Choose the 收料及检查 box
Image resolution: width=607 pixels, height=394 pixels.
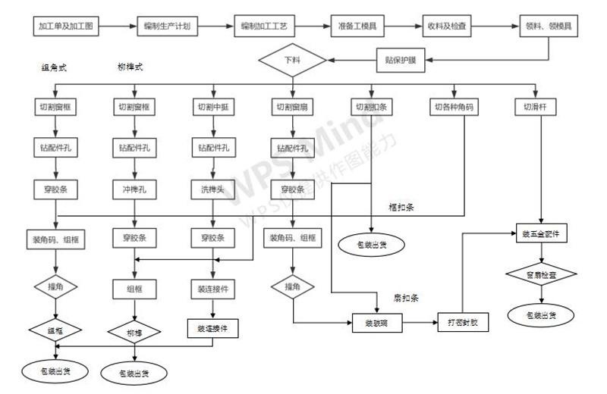click(449, 27)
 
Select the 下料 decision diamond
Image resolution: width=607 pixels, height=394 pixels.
click(291, 58)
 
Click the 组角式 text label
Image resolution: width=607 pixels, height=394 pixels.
click(54, 67)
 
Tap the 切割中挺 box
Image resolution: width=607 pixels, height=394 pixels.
click(213, 107)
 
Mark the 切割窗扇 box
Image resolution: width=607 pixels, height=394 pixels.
click(292, 107)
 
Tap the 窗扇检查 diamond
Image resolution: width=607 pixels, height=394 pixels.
click(540, 274)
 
